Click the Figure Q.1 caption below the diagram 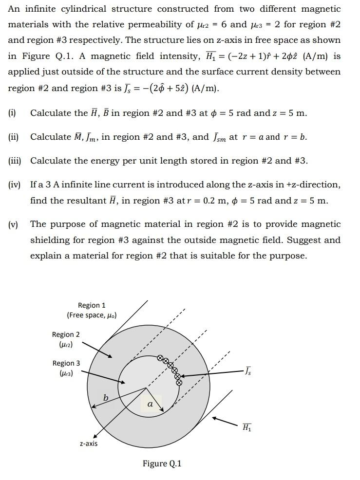[x=162, y=463]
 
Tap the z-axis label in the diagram [x=89, y=443]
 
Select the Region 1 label [x=92, y=305]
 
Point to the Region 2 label [x=66, y=334]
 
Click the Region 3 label [x=66, y=363]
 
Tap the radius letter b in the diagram [x=105, y=398]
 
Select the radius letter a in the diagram [x=150, y=404]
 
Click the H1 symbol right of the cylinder [x=247, y=427]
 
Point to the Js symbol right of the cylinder [x=248, y=371]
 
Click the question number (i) [x=12, y=113]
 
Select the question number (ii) [x=13, y=137]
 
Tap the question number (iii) [x=15, y=161]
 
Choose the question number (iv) [x=14, y=185]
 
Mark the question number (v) [x=13, y=224]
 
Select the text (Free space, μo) [x=92, y=315]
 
